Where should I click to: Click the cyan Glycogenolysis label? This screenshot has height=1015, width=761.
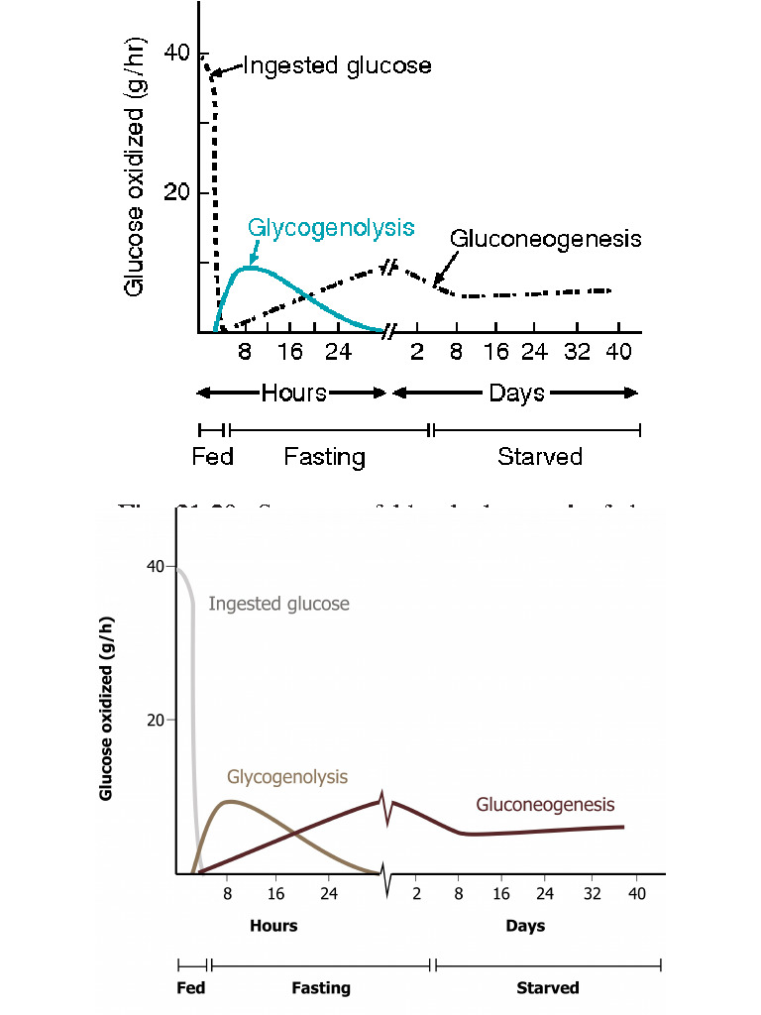331,227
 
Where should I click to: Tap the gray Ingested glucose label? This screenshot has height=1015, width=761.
278,603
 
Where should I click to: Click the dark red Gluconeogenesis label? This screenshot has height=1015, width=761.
545,804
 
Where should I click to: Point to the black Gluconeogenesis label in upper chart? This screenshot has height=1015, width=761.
545,239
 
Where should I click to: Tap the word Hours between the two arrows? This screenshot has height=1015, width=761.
293,393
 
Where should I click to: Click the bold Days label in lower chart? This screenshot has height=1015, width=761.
525,926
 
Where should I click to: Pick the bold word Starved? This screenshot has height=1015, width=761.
547,987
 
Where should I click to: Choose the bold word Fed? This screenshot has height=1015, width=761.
190,987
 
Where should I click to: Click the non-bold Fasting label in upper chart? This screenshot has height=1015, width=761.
324,457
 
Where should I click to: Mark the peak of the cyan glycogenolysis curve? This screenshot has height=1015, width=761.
252,267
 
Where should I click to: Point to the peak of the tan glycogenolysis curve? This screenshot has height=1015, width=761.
231,801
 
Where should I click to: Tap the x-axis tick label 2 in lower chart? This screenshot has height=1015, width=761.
416,893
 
